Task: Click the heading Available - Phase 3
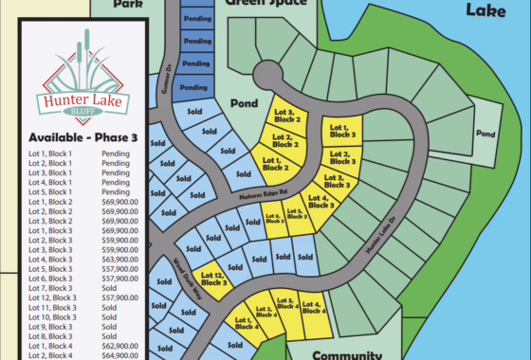83,138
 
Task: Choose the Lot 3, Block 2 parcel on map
288,116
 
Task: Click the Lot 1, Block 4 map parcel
243,326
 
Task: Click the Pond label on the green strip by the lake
485,134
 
